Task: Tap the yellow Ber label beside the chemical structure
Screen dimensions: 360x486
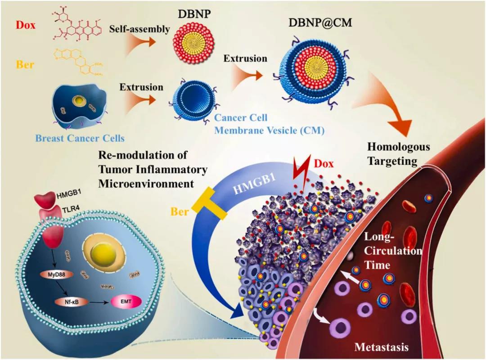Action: click(x=25, y=64)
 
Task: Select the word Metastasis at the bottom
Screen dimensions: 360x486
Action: click(x=381, y=347)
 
